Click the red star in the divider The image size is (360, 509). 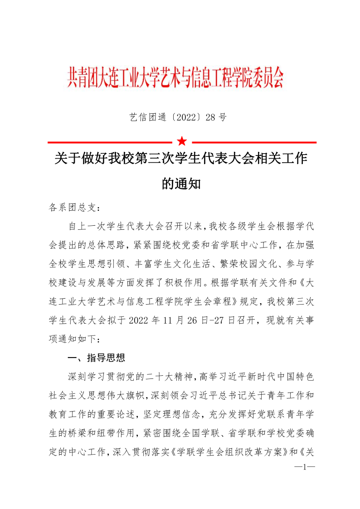click(182, 141)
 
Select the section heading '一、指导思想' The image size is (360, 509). click(96, 359)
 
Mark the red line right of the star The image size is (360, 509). click(253, 142)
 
